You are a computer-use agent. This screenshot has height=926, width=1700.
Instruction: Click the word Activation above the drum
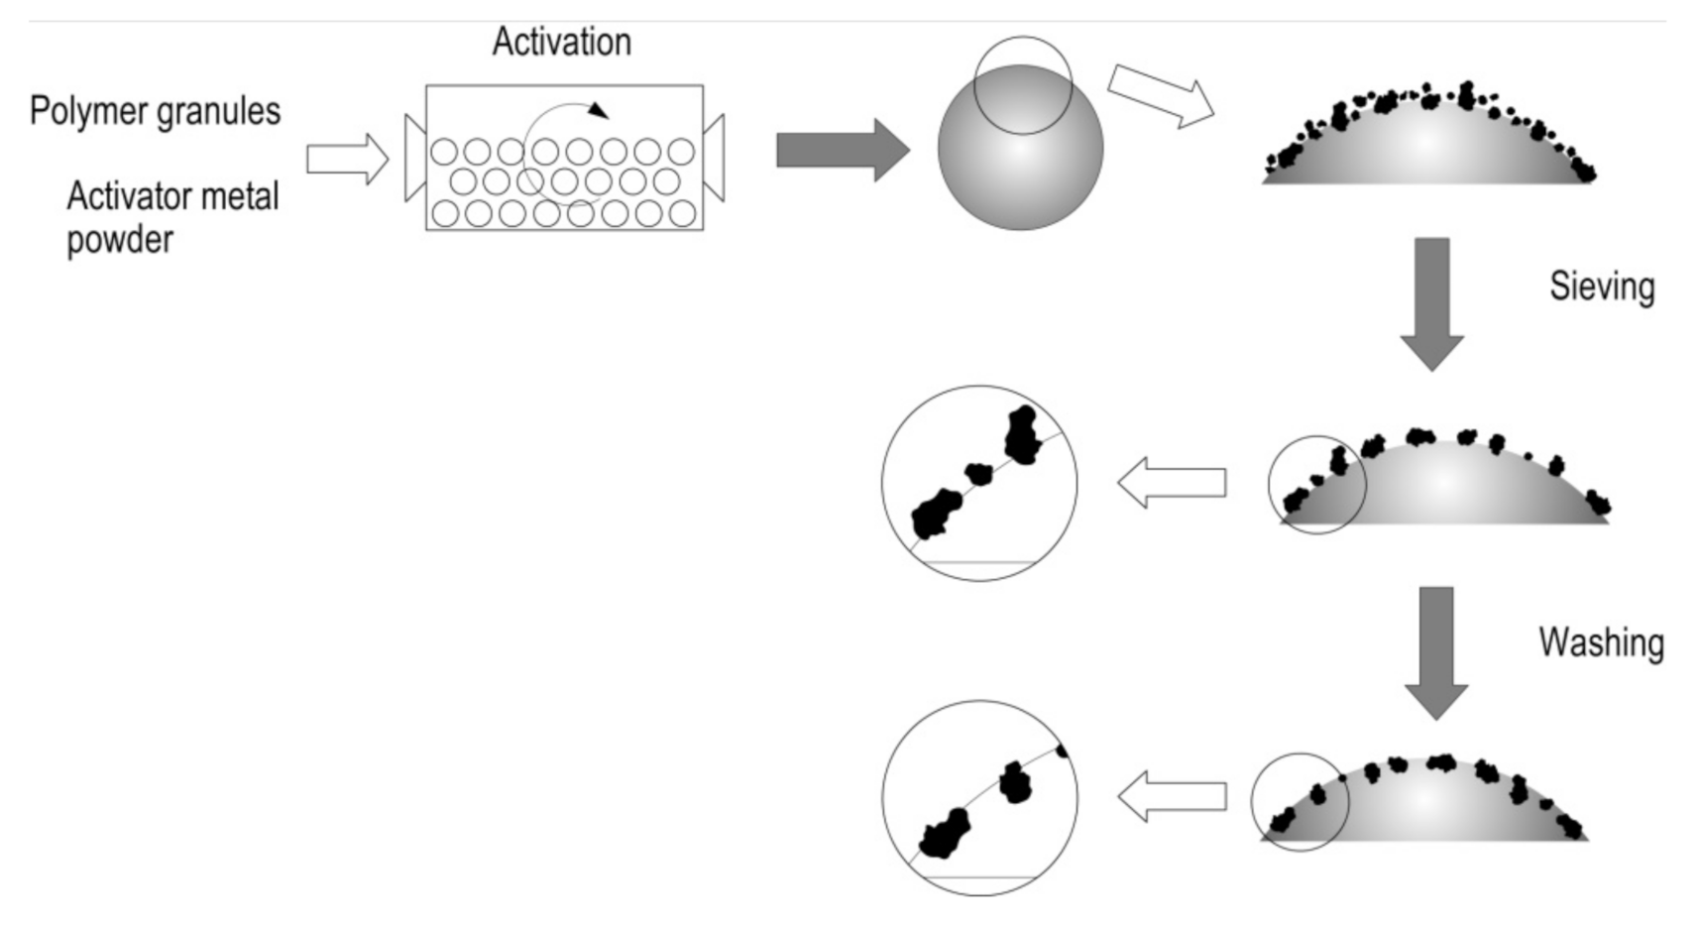click(561, 43)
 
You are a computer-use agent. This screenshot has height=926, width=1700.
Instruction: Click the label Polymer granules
click(155, 110)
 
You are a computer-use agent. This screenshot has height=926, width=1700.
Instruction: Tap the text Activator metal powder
click(171, 217)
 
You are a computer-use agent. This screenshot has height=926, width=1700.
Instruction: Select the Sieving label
click(1601, 287)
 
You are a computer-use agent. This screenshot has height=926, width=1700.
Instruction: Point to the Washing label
click(1600, 642)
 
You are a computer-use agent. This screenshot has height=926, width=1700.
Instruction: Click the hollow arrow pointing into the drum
click(347, 159)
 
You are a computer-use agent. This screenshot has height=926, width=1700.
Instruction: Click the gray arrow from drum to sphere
click(842, 151)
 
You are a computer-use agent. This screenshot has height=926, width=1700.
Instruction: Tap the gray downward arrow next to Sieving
click(1431, 303)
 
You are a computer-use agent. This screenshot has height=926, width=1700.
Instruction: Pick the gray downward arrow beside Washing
click(1435, 652)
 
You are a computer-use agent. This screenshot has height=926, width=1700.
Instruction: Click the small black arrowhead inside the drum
click(597, 110)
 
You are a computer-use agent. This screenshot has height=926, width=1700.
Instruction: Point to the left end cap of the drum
click(414, 158)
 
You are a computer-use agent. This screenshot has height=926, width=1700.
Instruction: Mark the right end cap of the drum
click(714, 158)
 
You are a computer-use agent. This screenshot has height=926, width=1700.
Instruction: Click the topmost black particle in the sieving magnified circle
click(1022, 434)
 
